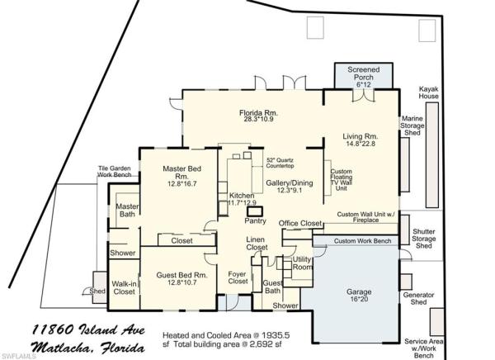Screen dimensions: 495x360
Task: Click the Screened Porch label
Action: coord(363,73)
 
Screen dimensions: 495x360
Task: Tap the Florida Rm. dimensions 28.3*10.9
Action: coord(258,119)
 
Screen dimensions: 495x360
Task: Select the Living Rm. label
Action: coord(361,136)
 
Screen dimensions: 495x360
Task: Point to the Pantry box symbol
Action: coord(255,211)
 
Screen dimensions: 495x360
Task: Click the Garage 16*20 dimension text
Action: coord(359,299)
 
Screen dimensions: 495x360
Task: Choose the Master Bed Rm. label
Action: coord(181,173)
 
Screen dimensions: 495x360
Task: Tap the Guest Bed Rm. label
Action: coord(181,275)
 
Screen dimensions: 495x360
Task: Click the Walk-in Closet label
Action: coord(124,287)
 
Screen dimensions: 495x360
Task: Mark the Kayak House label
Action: coord(428,92)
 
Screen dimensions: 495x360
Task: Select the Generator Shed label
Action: coord(418,298)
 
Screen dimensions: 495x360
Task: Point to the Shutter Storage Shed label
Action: coord(424,239)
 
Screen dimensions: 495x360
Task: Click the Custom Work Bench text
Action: coord(362,241)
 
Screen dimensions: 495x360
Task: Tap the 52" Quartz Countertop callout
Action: coord(280,163)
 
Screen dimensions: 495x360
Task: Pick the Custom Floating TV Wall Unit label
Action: coord(341,179)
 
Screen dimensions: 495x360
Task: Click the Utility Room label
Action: coord(302,263)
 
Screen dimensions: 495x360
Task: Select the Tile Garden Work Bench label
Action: coord(115,171)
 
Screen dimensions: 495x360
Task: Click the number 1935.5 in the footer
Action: coord(276,335)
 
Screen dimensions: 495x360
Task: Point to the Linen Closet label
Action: coord(257,244)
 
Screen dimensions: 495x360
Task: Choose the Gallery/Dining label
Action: coord(290,183)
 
